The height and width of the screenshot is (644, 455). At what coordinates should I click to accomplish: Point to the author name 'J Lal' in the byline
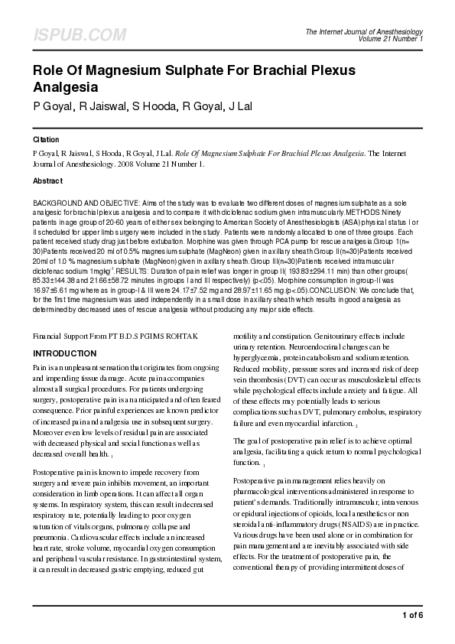tap(236, 105)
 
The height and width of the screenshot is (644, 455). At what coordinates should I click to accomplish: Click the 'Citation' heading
tap(47, 141)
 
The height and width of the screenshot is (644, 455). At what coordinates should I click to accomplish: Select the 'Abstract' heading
tap(47, 181)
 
